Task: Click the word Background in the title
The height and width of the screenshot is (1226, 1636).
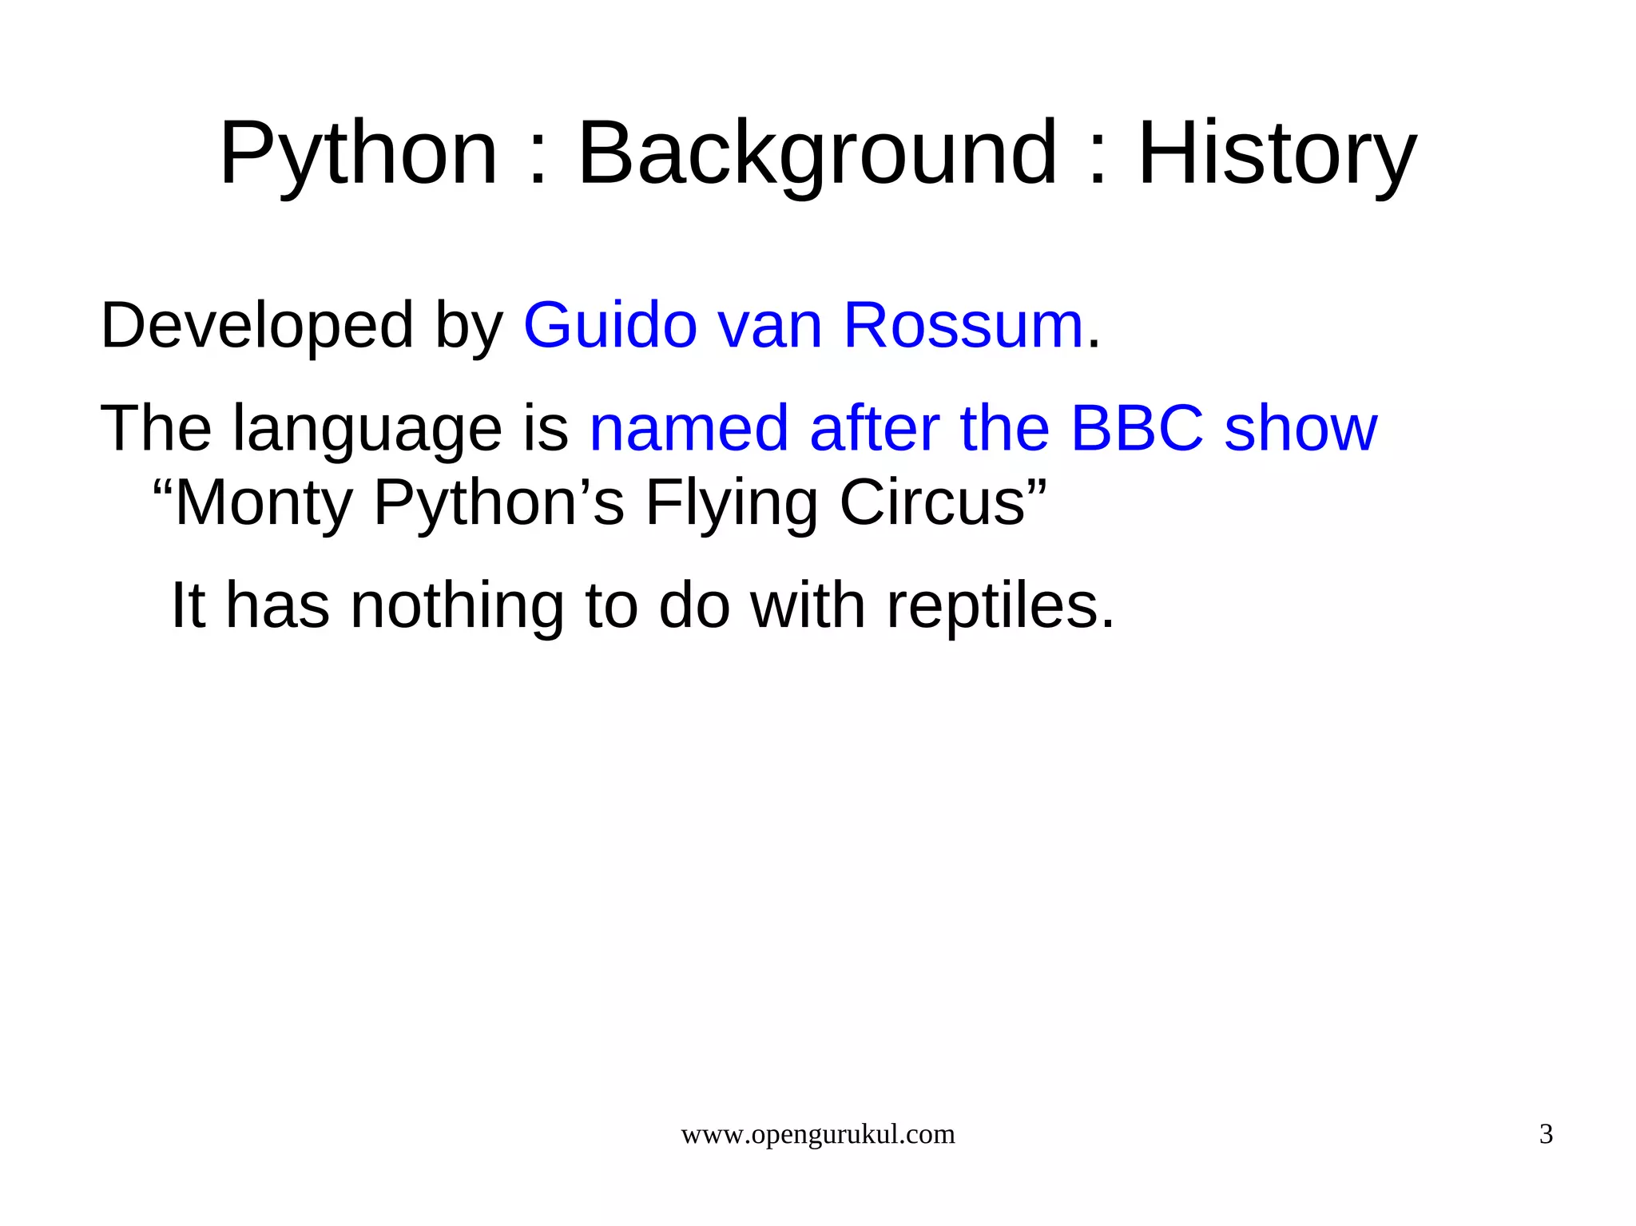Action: pyautogui.click(x=816, y=153)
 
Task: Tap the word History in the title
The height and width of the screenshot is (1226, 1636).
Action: pyautogui.click(x=1276, y=153)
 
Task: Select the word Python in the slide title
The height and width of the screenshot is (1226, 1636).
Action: pyautogui.click(x=359, y=153)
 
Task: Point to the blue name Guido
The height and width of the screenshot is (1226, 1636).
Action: pyautogui.click(x=610, y=326)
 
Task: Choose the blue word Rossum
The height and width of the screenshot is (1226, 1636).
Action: pyautogui.click(x=963, y=326)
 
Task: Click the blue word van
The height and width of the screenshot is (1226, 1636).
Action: pyautogui.click(x=770, y=326)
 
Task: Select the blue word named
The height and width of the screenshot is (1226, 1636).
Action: pyautogui.click(x=689, y=429)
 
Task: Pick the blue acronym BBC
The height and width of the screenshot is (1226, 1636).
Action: pyautogui.click(x=1136, y=429)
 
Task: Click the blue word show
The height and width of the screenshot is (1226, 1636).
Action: pyautogui.click(x=1300, y=429)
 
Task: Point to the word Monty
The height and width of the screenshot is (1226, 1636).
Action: pyautogui.click(x=264, y=503)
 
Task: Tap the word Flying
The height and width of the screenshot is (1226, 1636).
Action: pyautogui.click(x=731, y=503)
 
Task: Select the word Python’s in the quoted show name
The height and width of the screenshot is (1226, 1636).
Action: pyautogui.click(x=498, y=503)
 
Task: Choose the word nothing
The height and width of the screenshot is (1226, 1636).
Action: pyautogui.click(x=457, y=605)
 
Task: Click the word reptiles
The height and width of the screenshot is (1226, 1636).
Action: pyautogui.click(x=1000, y=605)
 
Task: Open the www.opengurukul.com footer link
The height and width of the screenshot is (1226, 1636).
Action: pyautogui.click(x=817, y=1134)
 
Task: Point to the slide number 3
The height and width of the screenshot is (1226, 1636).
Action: pyautogui.click(x=1546, y=1134)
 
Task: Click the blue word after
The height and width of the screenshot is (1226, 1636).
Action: pyautogui.click(x=874, y=429)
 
